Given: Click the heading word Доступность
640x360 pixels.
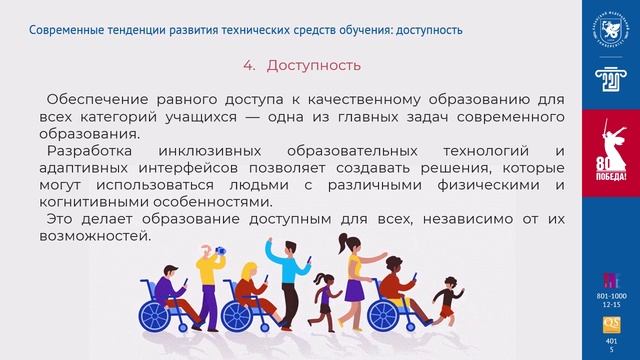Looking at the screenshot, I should [x=313, y=65].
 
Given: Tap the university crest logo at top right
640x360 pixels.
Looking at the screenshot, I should [x=609, y=25].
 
